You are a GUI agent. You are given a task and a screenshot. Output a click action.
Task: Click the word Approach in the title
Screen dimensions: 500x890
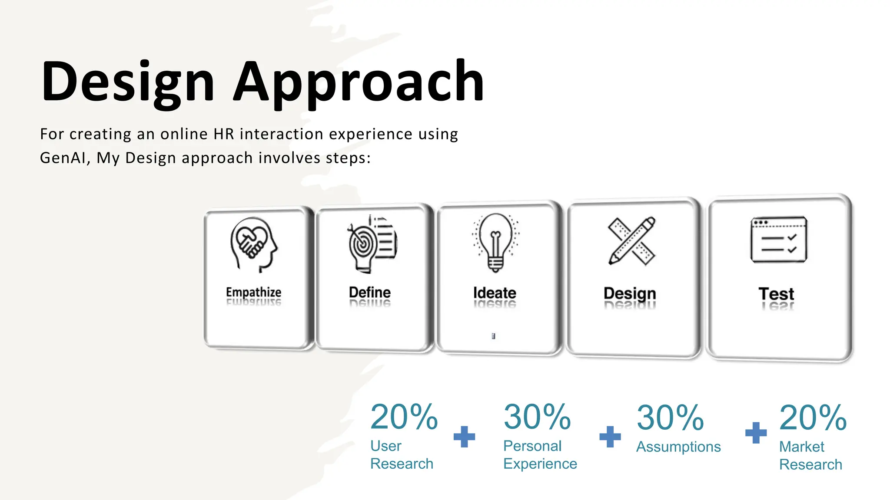click(359, 82)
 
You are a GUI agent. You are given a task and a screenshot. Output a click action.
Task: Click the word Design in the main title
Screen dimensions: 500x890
click(128, 82)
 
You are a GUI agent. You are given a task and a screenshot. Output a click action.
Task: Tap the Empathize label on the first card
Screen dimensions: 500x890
click(253, 292)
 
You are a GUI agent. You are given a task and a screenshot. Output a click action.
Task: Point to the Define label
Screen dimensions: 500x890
click(370, 292)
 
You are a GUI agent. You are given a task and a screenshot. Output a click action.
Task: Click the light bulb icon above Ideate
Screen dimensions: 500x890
click(495, 242)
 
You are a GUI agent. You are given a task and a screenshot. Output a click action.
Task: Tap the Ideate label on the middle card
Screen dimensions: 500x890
click(495, 293)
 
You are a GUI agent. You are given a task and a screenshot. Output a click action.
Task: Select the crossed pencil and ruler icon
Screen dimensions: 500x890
click(631, 241)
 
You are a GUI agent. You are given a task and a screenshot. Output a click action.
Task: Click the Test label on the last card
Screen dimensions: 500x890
click(776, 294)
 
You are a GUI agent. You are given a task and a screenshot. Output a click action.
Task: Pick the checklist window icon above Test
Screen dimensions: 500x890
click(778, 240)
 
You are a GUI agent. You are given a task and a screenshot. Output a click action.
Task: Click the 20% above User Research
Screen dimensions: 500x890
click(404, 417)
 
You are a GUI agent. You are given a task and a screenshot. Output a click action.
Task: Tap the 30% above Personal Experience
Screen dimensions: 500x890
click(537, 417)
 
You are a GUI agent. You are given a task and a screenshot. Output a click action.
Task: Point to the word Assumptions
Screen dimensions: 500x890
click(678, 447)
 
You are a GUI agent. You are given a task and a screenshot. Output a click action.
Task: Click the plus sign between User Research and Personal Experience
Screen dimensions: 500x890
click(464, 436)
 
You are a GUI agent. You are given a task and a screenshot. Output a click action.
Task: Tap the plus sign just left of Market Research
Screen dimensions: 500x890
click(756, 433)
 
